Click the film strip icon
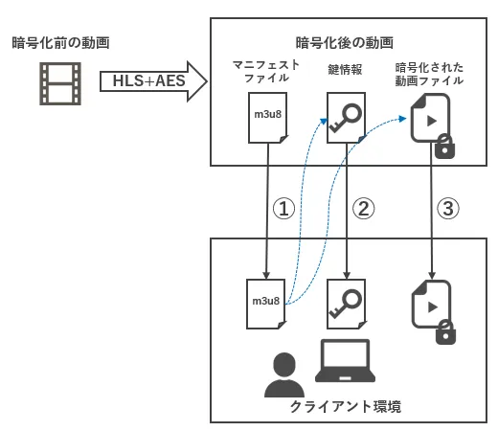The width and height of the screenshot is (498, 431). pyautogui.click(x=60, y=83)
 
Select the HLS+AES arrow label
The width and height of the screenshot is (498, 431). pyautogui.click(x=148, y=80)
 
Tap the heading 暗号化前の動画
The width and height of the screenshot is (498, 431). pyautogui.click(x=60, y=43)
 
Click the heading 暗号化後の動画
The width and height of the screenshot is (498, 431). pyautogui.click(x=344, y=43)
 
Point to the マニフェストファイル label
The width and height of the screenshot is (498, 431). pyautogui.click(x=266, y=71)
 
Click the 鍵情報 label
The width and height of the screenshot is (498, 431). pyautogui.click(x=345, y=70)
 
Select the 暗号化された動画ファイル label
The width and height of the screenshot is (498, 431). pyautogui.click(x=429, y=74)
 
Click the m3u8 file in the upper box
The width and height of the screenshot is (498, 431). pyautogui.click(x=268, y=118)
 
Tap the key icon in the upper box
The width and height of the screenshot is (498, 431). pyautogui.click(x=346, y=118)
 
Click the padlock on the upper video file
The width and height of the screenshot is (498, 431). pyautogui.click(x=445, y=147)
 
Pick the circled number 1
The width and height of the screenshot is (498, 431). pyautogui.click(x=283, y=209)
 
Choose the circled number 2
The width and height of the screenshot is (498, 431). pyautogui.click(x=363, y=209)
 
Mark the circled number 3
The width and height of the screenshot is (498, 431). pyautogui.click(x=448, y=209)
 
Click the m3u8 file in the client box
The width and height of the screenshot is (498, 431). pyautogui.click(x=266, y=304)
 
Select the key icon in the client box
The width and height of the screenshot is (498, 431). pyautogui.click(x=346, y=304)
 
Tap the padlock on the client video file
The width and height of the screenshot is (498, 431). pyautogui.click(x=445, y=332)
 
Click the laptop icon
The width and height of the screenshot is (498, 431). pyautogui.click(x=345, y=361)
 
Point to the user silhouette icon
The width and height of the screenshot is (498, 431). pyautogui.click(x=284, y=374)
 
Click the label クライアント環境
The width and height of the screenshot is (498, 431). pyautogui.click(x=346, y=406)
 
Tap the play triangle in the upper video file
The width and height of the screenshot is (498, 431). pyautogui.click(x=432, y=121)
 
